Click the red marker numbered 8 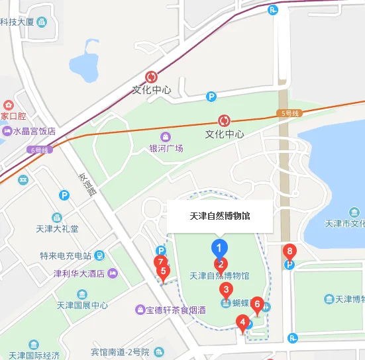289,251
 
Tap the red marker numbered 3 226,289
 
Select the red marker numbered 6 258,305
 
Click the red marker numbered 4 242,323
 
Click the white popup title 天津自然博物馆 219,216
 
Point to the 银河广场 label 166,149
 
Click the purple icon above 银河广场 156,136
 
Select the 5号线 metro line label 290,113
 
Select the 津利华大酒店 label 78,273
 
